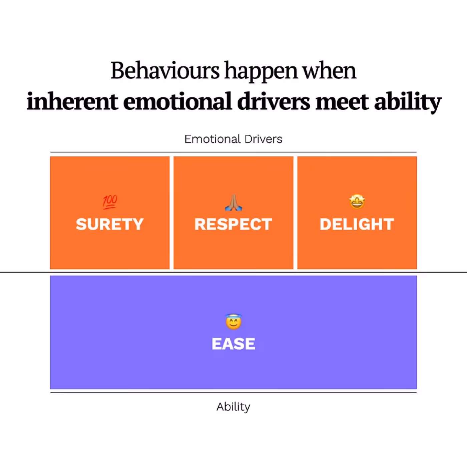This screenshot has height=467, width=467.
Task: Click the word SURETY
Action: (110, 224)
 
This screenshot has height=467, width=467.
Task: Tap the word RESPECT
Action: (233, 224)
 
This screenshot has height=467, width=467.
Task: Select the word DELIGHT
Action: (357, 224)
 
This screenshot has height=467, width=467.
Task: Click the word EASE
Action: (233, 344)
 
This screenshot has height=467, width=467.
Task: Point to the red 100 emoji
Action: (110, 202)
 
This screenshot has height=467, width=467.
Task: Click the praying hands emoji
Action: (233, 202)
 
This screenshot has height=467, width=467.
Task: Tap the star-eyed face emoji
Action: (357, 202)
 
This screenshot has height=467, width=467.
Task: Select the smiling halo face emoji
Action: (233, 322)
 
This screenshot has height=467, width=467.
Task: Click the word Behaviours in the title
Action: (165, 71)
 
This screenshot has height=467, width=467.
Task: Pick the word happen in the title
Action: (261, 71)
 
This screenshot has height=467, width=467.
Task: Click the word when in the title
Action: (329, 71)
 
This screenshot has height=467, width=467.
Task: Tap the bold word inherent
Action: (72, 101)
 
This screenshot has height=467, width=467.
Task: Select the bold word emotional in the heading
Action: (177, 101)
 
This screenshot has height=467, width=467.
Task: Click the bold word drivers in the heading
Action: (274, 101)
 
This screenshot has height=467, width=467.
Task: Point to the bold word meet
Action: (342, 101)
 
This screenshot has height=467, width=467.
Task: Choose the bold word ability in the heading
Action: (408, 102)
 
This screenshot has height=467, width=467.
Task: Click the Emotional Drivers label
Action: (233, 139)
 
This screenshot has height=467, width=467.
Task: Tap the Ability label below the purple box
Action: (233, 407)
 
